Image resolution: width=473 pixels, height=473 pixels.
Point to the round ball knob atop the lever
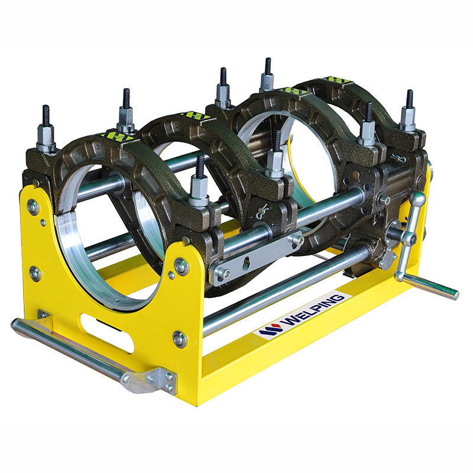pos(417,199)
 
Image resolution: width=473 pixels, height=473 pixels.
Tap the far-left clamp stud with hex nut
pos(46,129)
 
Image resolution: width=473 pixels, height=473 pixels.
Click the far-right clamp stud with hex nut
pos(409,111)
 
